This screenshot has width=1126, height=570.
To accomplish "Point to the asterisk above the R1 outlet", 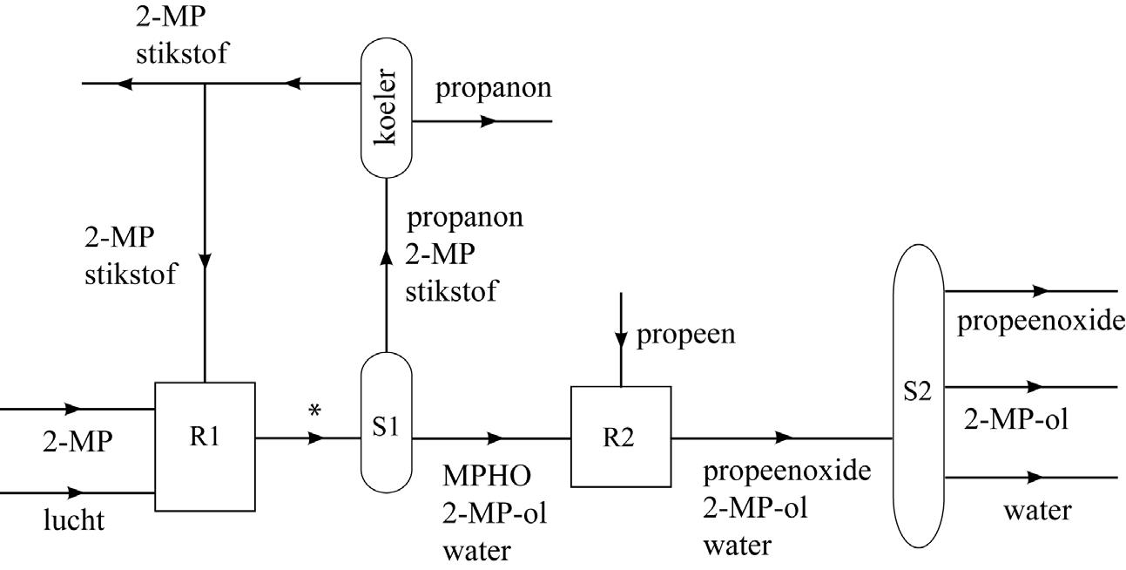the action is (x=314, y=411).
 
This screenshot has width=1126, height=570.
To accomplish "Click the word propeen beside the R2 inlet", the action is (x=685, y=335).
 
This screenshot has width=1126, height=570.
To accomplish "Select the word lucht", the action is (x=74, y=520).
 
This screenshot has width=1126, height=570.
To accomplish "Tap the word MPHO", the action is (x=487, y=475).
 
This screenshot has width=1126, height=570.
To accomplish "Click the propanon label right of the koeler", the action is (x=493, y=89).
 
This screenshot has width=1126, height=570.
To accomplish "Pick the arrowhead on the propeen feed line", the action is (x=621, y=340).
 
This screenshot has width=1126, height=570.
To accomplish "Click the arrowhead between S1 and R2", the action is (x=495, y=438).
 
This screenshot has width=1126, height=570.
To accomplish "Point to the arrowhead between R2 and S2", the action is (x=784, y=438).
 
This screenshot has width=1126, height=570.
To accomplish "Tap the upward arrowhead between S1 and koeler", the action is (x=386, y=256).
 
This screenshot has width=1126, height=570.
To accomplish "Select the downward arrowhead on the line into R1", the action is (x=205, y=261).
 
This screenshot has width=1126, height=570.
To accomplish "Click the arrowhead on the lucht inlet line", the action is (x=74, y=492).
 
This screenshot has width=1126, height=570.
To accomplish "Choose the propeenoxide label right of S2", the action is (x=1041, y=322).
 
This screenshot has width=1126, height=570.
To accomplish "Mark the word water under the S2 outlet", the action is (x=1037, y=511).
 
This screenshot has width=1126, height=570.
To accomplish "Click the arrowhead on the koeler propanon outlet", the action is (x=488, y=121).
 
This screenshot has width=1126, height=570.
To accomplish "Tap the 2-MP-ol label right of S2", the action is (x=1016, y=418).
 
